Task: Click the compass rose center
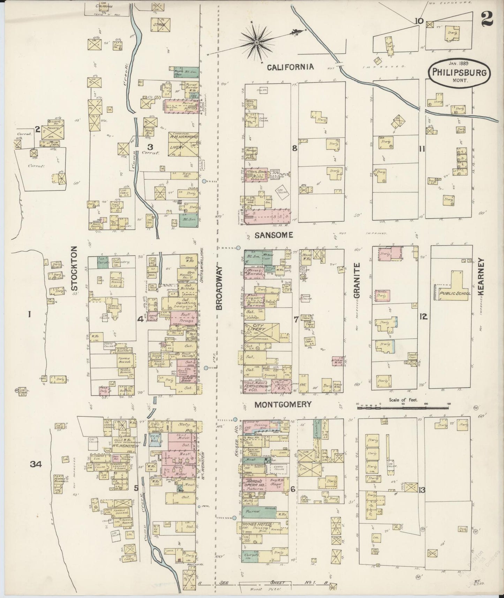(x=257, y=42)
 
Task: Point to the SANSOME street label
(x=274, y=236)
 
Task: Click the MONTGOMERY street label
(x=283, y=405)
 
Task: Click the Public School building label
(x=455, y=293)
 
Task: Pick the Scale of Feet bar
(x=403, y=407)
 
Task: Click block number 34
(x=36, y=464)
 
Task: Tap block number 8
(x=295, y=148)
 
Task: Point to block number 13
(x=422, y=490)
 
